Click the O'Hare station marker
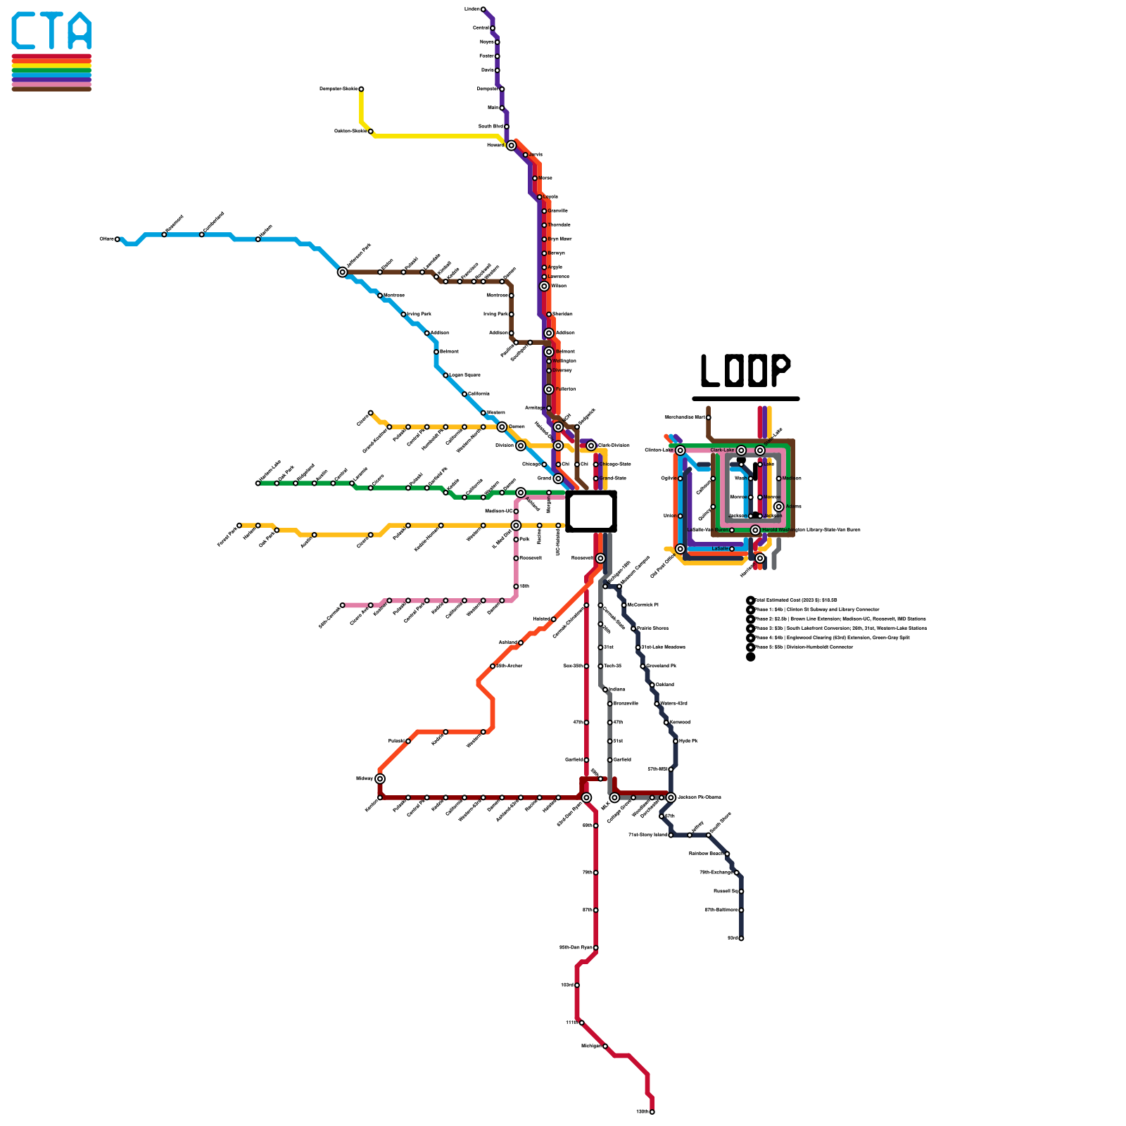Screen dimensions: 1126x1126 118,239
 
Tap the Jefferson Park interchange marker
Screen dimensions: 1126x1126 343,272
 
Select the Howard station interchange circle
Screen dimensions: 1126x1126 512,146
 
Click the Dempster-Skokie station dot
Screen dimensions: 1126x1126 361,89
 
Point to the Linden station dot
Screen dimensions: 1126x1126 483,9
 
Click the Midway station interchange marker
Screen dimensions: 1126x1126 380,778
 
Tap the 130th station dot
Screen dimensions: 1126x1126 652,1112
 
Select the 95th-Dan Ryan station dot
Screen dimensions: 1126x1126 596,948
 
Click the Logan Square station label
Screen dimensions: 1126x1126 464,375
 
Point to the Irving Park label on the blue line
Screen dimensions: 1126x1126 419,315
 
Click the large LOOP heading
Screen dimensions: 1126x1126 745,371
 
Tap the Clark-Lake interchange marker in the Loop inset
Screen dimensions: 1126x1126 741,450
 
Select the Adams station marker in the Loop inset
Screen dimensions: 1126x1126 778,507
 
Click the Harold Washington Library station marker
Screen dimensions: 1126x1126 755,530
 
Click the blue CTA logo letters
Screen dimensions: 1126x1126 51,32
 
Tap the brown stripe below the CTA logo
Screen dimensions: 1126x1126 51,89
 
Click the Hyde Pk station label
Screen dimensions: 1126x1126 688,741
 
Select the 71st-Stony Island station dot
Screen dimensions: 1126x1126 671,835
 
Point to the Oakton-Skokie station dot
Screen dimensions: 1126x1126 371,132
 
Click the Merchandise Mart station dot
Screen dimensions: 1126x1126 708,417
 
